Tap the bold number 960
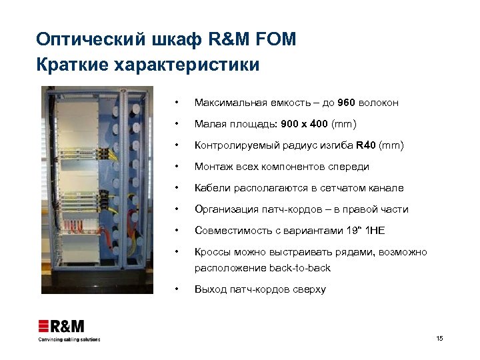tap(347, 103)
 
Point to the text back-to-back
tap(300, 268)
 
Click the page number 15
tap(439, 339)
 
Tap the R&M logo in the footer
tap(61, 326)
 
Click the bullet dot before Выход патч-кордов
tap(175, 289)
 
